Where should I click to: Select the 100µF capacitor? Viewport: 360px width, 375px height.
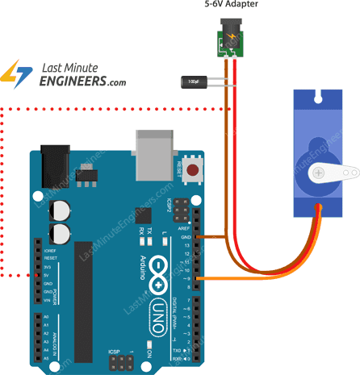pyautogui.click(x=195, y=81)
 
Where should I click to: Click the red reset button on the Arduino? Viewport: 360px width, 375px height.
pyautogui.click(x=193, y=170)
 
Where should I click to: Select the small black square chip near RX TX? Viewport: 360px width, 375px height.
pyautogui.click(x=144, y=215)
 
